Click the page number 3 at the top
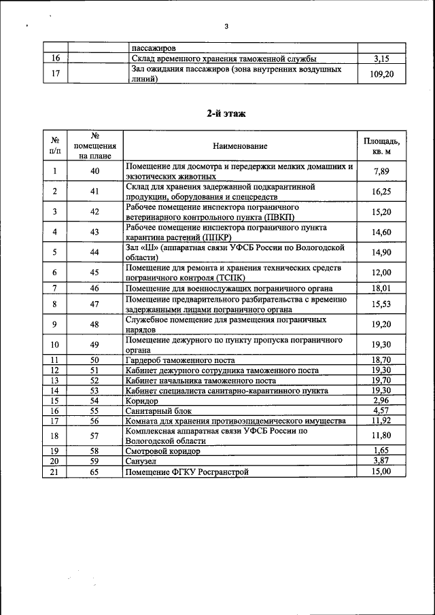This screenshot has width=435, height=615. click(226, 27)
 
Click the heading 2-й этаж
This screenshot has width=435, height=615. click(226, 113)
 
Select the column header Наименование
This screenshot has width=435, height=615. click(240, 146)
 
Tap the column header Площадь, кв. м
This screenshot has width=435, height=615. click(381, 145)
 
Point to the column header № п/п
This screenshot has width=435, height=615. click(54, 145)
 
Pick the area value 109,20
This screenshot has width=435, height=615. click(382, 74)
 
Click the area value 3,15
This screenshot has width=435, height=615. click(382, 59)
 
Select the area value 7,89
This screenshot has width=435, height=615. click(382, 171)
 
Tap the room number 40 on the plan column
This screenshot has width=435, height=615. click(94, 171)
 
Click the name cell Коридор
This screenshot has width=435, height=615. click(142, 401)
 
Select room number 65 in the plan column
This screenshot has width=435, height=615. click(94, 472)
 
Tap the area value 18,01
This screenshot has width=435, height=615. click(382, 288)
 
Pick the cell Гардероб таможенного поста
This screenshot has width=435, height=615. click(180, 360)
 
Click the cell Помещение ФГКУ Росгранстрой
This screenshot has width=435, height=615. click(188, 472)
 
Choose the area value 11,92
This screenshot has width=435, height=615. click(382, 421)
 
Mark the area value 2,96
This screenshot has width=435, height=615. click(382, 400)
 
